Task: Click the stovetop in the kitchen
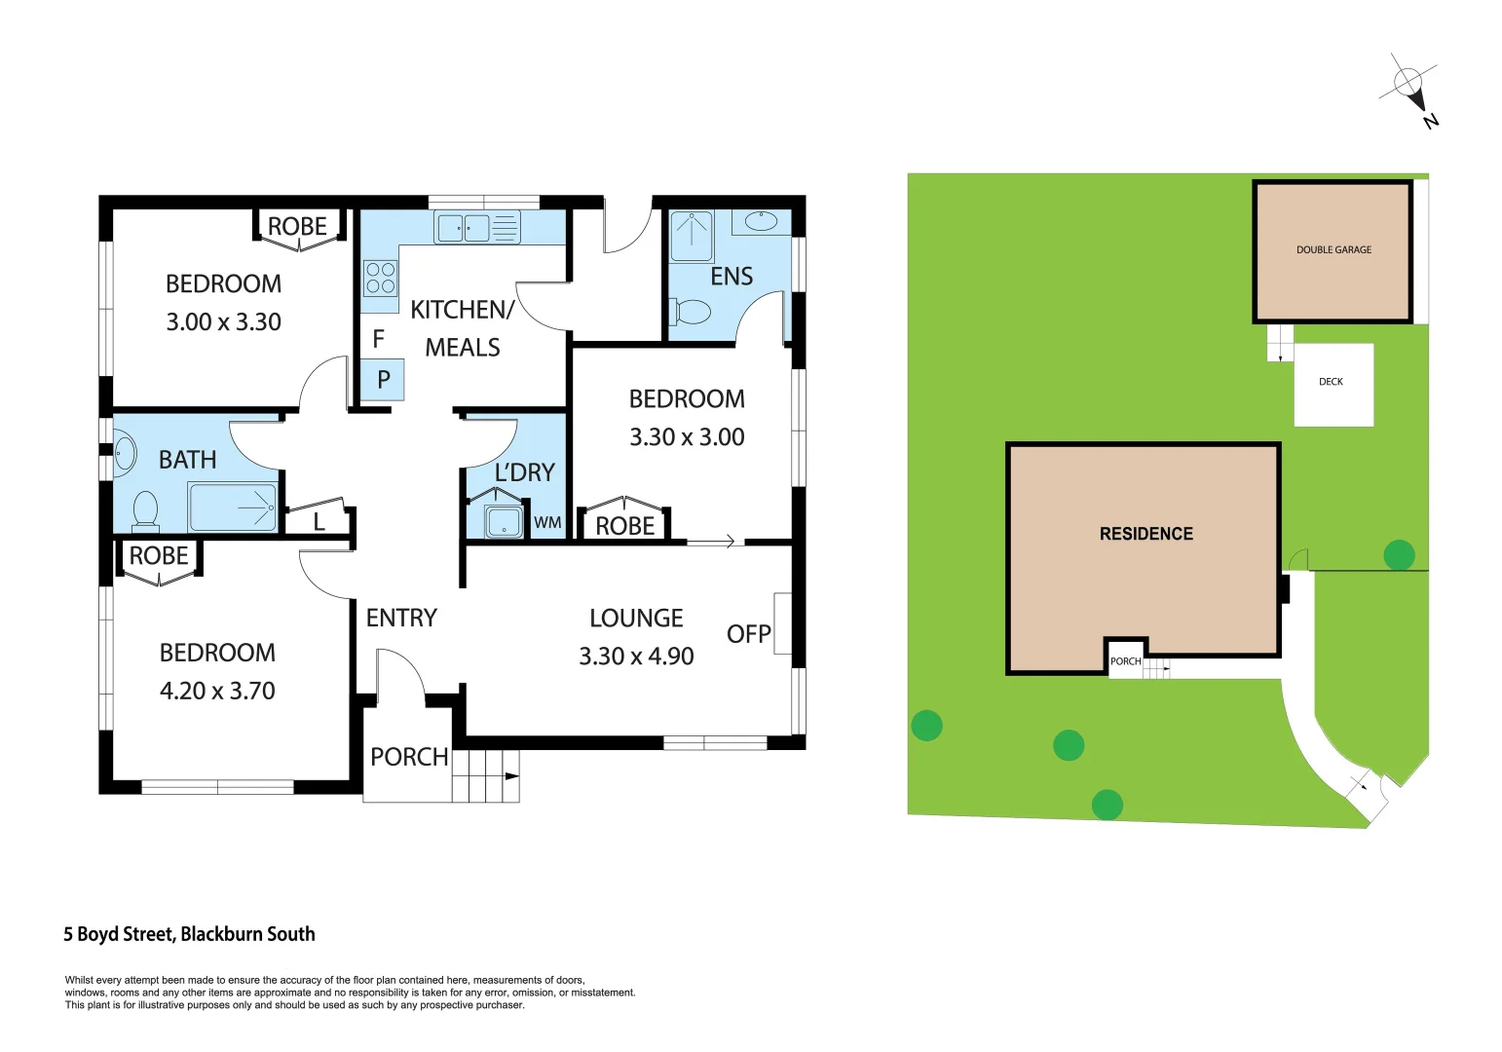380,278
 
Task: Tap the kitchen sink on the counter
464,228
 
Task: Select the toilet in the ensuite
692,313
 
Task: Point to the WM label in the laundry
547,523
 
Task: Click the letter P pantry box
383,380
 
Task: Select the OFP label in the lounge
748,634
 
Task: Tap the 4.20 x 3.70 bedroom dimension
217,691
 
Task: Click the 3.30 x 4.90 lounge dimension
636,657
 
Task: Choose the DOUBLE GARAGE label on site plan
1333,250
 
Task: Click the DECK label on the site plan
1331,382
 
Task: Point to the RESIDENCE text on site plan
1145,534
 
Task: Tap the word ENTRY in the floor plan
401,618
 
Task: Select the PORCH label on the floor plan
409,757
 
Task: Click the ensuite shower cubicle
692,236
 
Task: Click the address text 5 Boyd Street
189,934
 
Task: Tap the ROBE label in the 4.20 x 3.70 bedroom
159,556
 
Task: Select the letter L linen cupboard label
319,523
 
